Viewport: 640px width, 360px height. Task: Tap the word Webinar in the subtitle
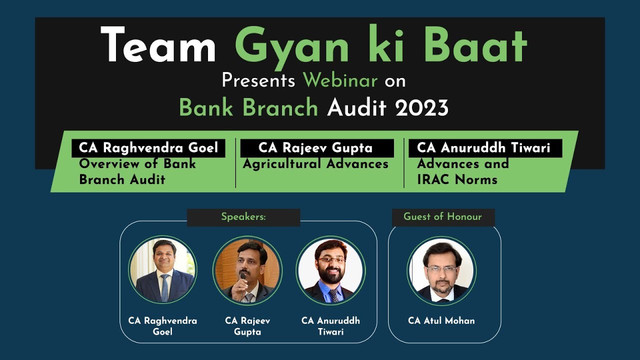340,80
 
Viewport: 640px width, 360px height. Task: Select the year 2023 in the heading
422,107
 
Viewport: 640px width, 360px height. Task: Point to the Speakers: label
243,217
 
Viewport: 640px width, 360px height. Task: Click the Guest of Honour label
442,217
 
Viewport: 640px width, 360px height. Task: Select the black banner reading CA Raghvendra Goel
148,148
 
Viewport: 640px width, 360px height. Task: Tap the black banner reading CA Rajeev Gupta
316,148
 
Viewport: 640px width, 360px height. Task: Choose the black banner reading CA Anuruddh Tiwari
483,148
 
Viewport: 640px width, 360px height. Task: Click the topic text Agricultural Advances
315,164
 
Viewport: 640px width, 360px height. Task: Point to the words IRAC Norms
457,180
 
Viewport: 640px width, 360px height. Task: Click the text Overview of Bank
137,164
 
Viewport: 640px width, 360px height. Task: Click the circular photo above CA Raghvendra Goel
162,270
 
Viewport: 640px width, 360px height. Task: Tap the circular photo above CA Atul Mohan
441,270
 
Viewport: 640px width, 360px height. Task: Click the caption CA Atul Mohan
441,320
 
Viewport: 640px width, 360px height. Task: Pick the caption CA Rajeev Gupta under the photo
247,326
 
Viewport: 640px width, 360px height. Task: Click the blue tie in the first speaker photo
164,287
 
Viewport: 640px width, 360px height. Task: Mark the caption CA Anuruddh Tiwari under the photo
330,326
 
